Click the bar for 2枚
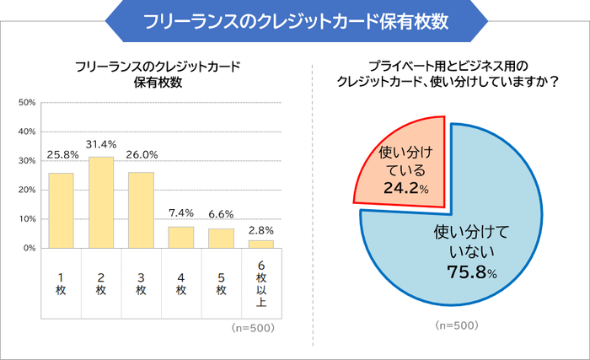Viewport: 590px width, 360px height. pos(101,202)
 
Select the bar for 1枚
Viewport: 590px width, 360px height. pos(61,211)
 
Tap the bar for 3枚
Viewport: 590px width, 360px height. pos(141,210)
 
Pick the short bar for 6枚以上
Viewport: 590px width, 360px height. pos(261,244)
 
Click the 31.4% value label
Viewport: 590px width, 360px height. pos(101,144)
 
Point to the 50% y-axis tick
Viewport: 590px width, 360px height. pos(26,103)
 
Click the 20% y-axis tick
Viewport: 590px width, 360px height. pos(26,190)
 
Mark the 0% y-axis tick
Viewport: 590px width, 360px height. pos(29,248)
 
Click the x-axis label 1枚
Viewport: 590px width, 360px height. pos(61,283)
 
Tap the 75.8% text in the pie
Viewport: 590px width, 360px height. pos(471,271)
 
